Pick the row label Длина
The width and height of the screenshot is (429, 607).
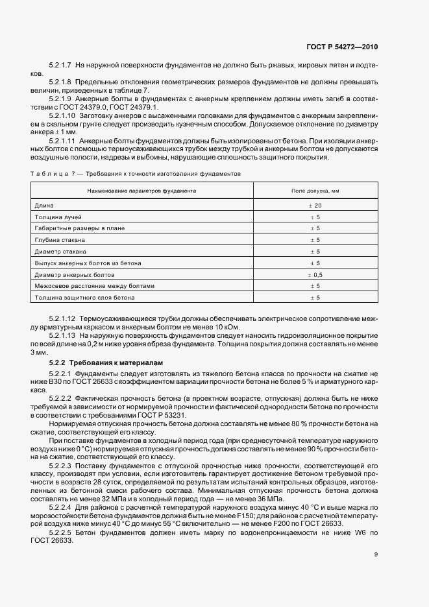[44, 205]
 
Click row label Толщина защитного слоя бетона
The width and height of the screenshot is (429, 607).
[84, 298]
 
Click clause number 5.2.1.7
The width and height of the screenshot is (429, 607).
[60, 66]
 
